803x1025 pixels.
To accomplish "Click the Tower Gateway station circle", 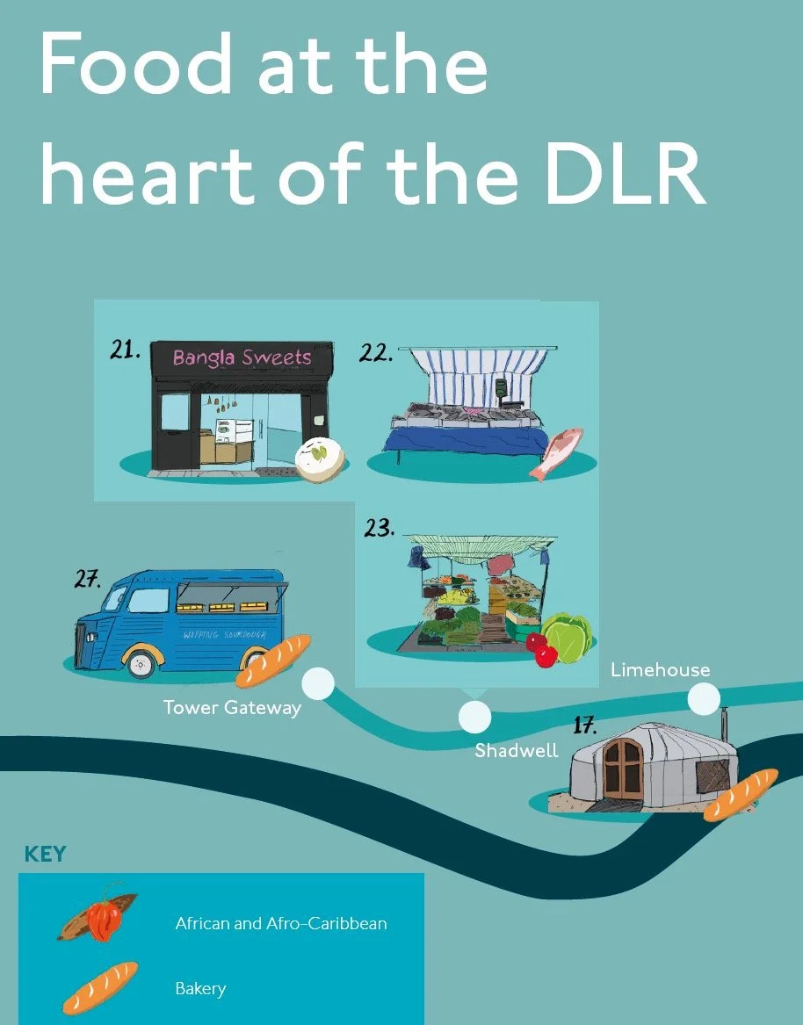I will click(318, 683).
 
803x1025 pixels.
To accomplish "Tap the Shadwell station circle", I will click(475, 716).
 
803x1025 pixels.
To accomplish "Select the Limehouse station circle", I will click(704, 699).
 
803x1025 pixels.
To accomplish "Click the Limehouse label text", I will click(660, 670).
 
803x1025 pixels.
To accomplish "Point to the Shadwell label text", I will click(517, 751).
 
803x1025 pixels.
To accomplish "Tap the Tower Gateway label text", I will click(232, 708).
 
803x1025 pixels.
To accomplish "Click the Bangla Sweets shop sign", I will click(242, 357).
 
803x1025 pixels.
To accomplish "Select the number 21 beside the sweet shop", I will click(126, 350).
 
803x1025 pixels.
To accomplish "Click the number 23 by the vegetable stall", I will click(379, 528).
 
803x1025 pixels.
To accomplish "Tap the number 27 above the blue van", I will click(87, 580).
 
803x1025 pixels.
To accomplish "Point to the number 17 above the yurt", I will click(584, 725).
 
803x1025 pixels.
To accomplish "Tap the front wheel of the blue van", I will click(141, 664).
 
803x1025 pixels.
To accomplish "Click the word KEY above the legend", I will click(45, 854).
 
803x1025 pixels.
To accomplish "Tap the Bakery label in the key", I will click(200, 988).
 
